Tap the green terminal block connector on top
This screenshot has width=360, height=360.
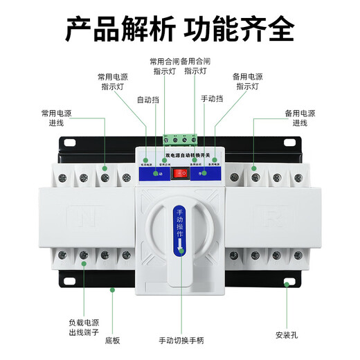click(180, 138)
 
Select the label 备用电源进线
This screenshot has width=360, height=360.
click(300, 117)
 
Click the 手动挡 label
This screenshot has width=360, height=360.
click(212, 99)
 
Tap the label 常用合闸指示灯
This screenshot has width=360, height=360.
click(164, 66)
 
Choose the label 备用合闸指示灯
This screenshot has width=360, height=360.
click(196, 66)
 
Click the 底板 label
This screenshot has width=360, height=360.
click(113, 341)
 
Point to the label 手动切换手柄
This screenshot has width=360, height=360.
click(181, 341)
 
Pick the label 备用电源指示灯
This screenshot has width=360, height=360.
click(247, 81)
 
